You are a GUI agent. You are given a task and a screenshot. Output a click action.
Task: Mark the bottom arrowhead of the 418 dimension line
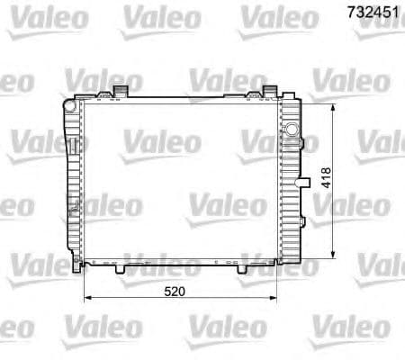335,256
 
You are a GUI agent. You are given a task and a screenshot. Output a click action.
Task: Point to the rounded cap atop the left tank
69,104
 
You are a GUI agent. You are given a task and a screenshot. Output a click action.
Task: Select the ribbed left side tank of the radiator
72,180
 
